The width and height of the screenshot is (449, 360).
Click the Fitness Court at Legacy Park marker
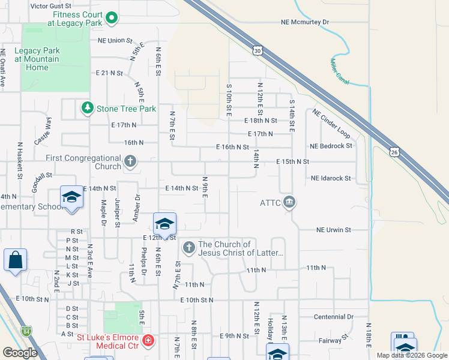[x=112, y=19]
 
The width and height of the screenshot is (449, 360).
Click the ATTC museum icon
[x=289, y=202]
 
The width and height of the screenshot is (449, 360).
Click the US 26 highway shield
[x=394, y=152]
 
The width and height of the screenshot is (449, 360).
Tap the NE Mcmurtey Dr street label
[x=305, y=22]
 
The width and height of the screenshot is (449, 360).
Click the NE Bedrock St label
[x=331, y=146]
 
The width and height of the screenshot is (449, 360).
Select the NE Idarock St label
[x=331, y=178]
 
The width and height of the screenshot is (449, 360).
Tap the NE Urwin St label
[x=334, y=230]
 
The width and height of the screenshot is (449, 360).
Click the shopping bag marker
[x=15, y=260]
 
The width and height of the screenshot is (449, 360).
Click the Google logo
[x=20, y=353]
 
